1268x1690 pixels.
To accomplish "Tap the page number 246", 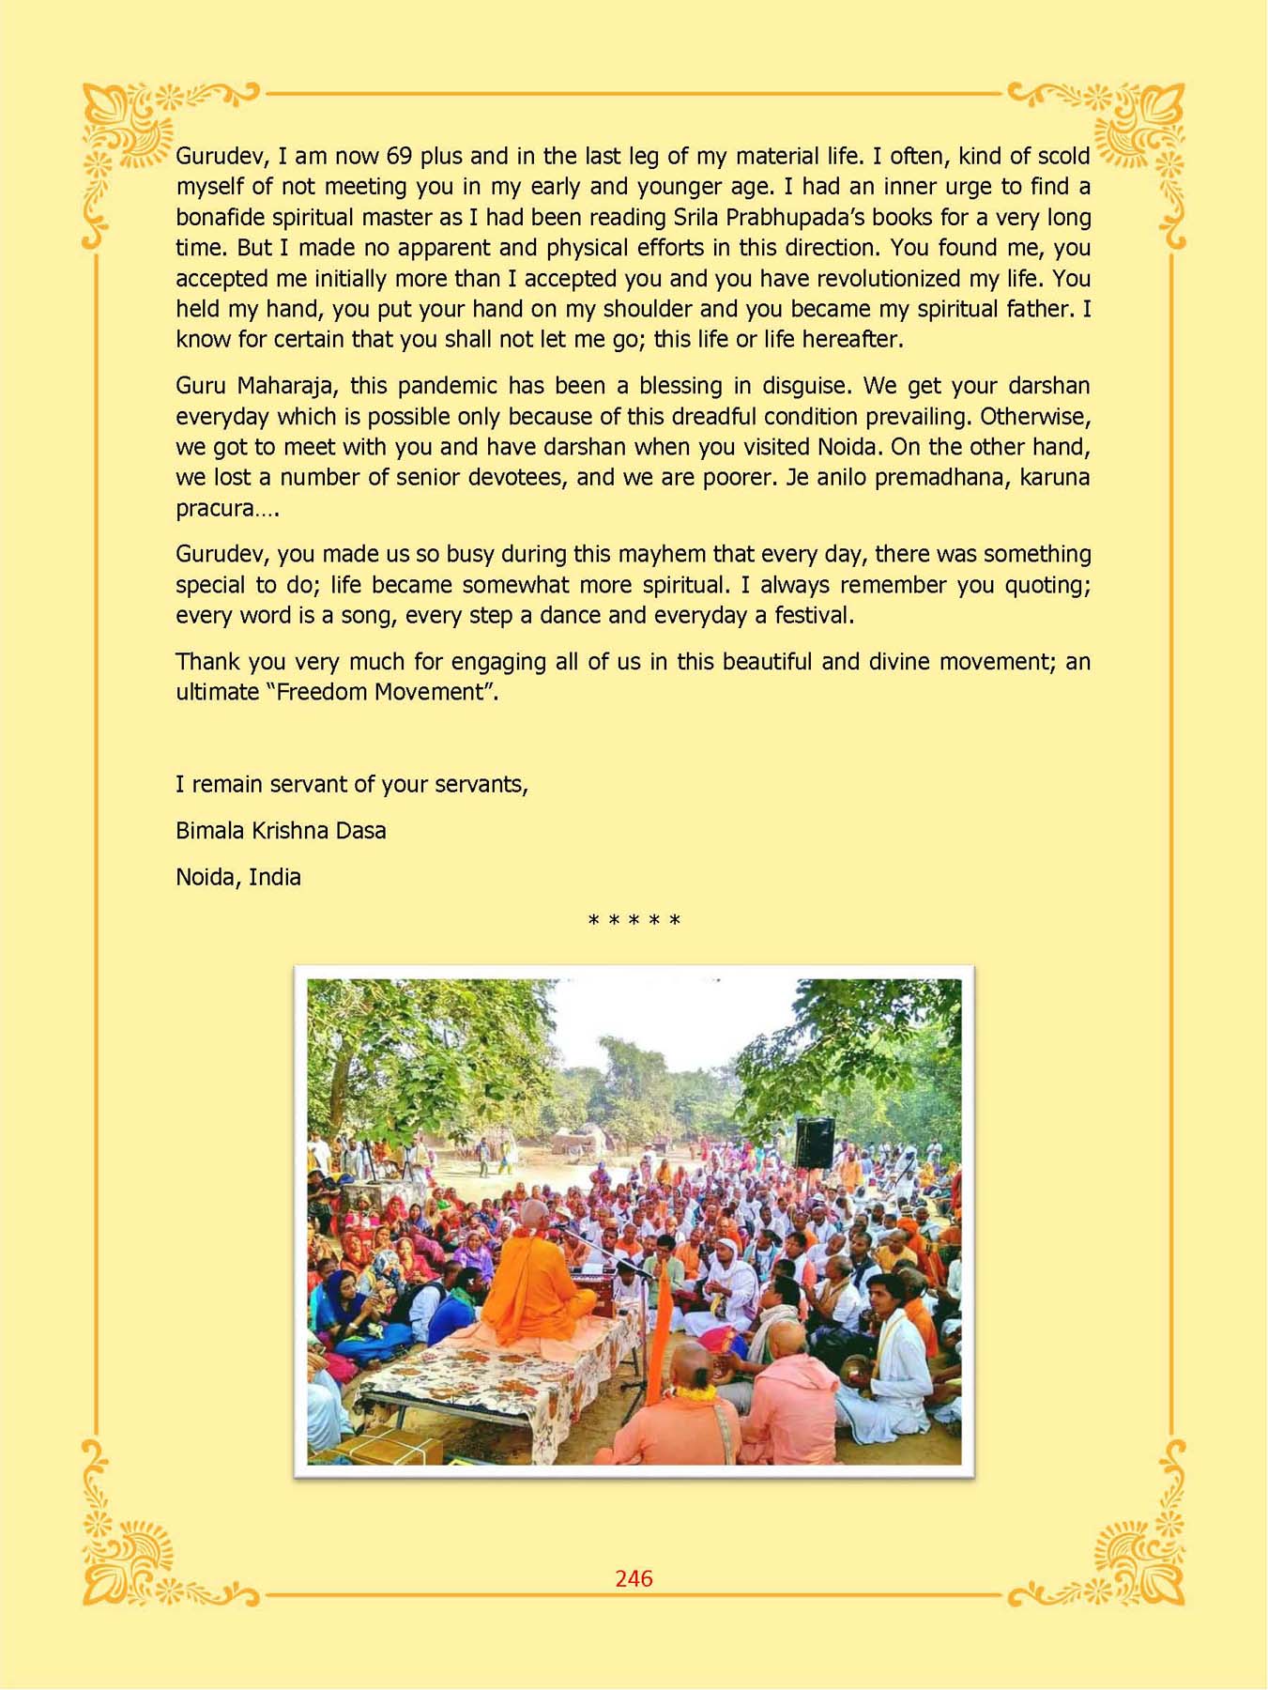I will [x=634, y=1578].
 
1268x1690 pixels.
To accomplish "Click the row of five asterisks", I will [x=634, y=921].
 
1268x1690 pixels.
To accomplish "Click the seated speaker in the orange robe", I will [x=535, y=1277].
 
